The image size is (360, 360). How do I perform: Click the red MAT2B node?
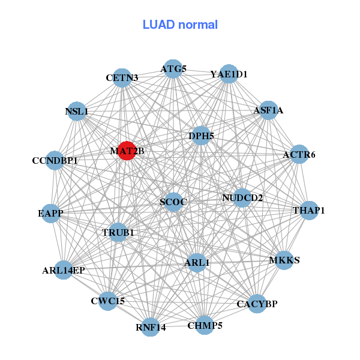[x=126, y=151]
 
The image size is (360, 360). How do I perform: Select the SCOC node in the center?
[x=174, y=202]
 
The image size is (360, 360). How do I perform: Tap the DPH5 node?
[x=201, y=136]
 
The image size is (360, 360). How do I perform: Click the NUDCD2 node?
[x=242, y=198]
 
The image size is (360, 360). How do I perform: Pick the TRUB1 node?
[x=118, y=232]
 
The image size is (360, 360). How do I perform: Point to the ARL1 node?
[x=197, y=262]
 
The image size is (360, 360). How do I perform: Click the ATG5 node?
[x=173, y=68]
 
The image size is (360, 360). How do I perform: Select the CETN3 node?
[x=122, y=77]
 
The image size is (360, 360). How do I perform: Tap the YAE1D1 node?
[x=229, y=74]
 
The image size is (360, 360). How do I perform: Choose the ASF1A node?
[x=268, y=110]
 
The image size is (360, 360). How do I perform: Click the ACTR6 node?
[x=299, y=155]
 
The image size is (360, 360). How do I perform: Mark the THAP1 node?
[x=309, y=211]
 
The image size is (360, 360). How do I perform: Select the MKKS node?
[x=284, y=260]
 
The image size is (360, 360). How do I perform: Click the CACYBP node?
[x=257, y=304]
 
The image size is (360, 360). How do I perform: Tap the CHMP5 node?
[x=205, y=325]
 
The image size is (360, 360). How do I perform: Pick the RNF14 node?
[x=151, y=327]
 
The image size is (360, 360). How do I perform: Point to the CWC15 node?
[x=108, y=301]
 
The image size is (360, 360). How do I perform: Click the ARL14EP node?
[x=64, y=270]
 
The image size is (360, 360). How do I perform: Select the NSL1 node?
[x=77, y=111]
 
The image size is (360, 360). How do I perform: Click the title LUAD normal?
[x=180, y=25]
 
